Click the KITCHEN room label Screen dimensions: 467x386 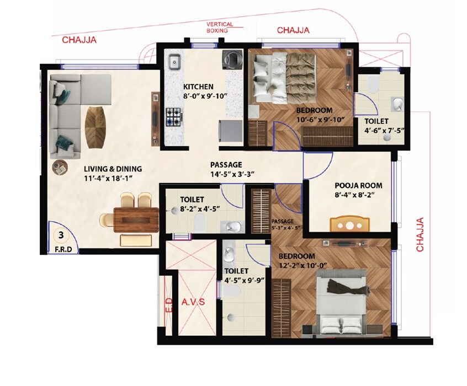(198, 87)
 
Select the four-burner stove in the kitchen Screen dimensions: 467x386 (174, 117)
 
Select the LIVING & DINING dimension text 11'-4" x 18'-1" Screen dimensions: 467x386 (113, 179)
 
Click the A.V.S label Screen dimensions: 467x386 (193, 302)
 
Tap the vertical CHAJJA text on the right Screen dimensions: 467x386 (421, 235)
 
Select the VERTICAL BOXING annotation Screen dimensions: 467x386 (220, 28)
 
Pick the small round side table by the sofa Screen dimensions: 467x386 (60, 167)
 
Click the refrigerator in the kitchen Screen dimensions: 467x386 (230, 131)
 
